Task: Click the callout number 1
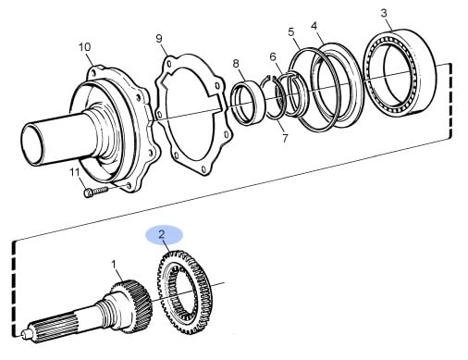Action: click(x=114, y=265)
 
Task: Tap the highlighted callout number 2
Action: click(x=162, y=234)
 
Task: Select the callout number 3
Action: click(x=384, y=13)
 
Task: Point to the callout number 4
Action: click(x=314, y=26)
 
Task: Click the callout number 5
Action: click(x=291, y=31)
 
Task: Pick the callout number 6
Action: click(x=273, y=56)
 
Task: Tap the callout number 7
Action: click(x=285, y=138)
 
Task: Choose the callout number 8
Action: click(x=236, y=64)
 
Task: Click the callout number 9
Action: click(x=159, y=39)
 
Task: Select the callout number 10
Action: click(x=84, y=47)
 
